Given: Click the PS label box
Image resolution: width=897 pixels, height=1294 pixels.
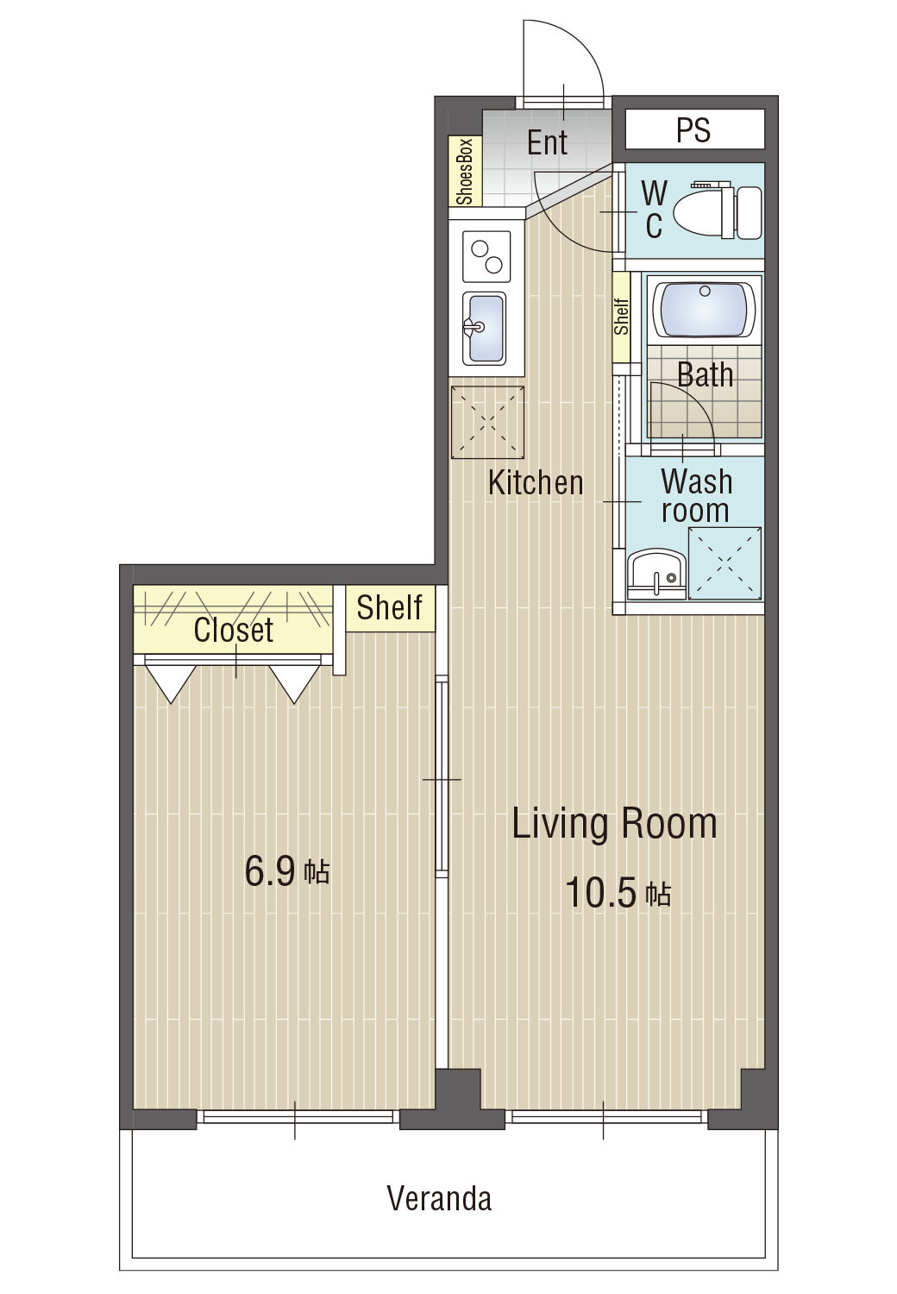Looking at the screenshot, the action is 695,129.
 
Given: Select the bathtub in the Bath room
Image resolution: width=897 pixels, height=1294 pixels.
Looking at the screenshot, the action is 704,309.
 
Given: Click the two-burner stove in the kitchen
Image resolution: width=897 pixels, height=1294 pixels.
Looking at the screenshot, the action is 486,256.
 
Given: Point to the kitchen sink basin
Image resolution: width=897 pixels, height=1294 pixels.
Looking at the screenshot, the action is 484,329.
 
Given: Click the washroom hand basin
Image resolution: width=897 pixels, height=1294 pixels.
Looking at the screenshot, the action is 656,574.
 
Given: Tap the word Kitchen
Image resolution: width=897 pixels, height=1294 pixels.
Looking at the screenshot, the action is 536,483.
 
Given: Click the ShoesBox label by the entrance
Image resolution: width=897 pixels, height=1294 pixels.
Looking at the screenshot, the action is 464,172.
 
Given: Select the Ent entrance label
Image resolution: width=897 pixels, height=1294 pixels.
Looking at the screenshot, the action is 547,142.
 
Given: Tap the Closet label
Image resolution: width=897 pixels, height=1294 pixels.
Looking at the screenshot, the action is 234,631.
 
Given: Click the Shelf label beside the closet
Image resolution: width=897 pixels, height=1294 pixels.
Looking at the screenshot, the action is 389,607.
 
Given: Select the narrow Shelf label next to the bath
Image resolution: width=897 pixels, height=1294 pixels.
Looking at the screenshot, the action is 621,316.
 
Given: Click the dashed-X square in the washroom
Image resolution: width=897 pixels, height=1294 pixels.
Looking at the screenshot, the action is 724,563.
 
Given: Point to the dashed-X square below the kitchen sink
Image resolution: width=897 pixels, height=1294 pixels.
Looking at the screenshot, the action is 487,423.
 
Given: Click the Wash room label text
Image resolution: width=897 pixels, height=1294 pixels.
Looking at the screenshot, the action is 697,496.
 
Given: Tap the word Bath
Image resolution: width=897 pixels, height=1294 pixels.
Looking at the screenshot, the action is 706,375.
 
